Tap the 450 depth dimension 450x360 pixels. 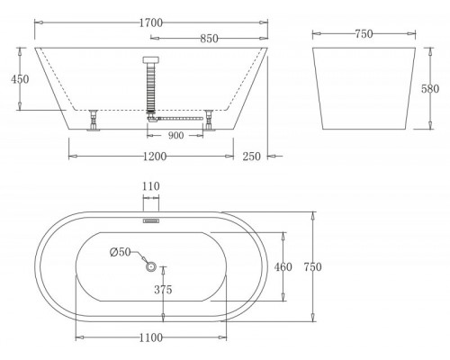click(x=19, y=79)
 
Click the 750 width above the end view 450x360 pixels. click(x=363, y=33)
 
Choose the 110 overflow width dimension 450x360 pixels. click(x=149, y=186)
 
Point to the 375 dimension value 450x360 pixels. click(x=162, y=290)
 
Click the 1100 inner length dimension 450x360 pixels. click(x=150, y=337)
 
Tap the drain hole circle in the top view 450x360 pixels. click(x=149, y=265)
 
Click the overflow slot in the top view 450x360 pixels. click(x=149, y=218)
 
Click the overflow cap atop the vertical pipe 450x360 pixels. click(x=150, y=60)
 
